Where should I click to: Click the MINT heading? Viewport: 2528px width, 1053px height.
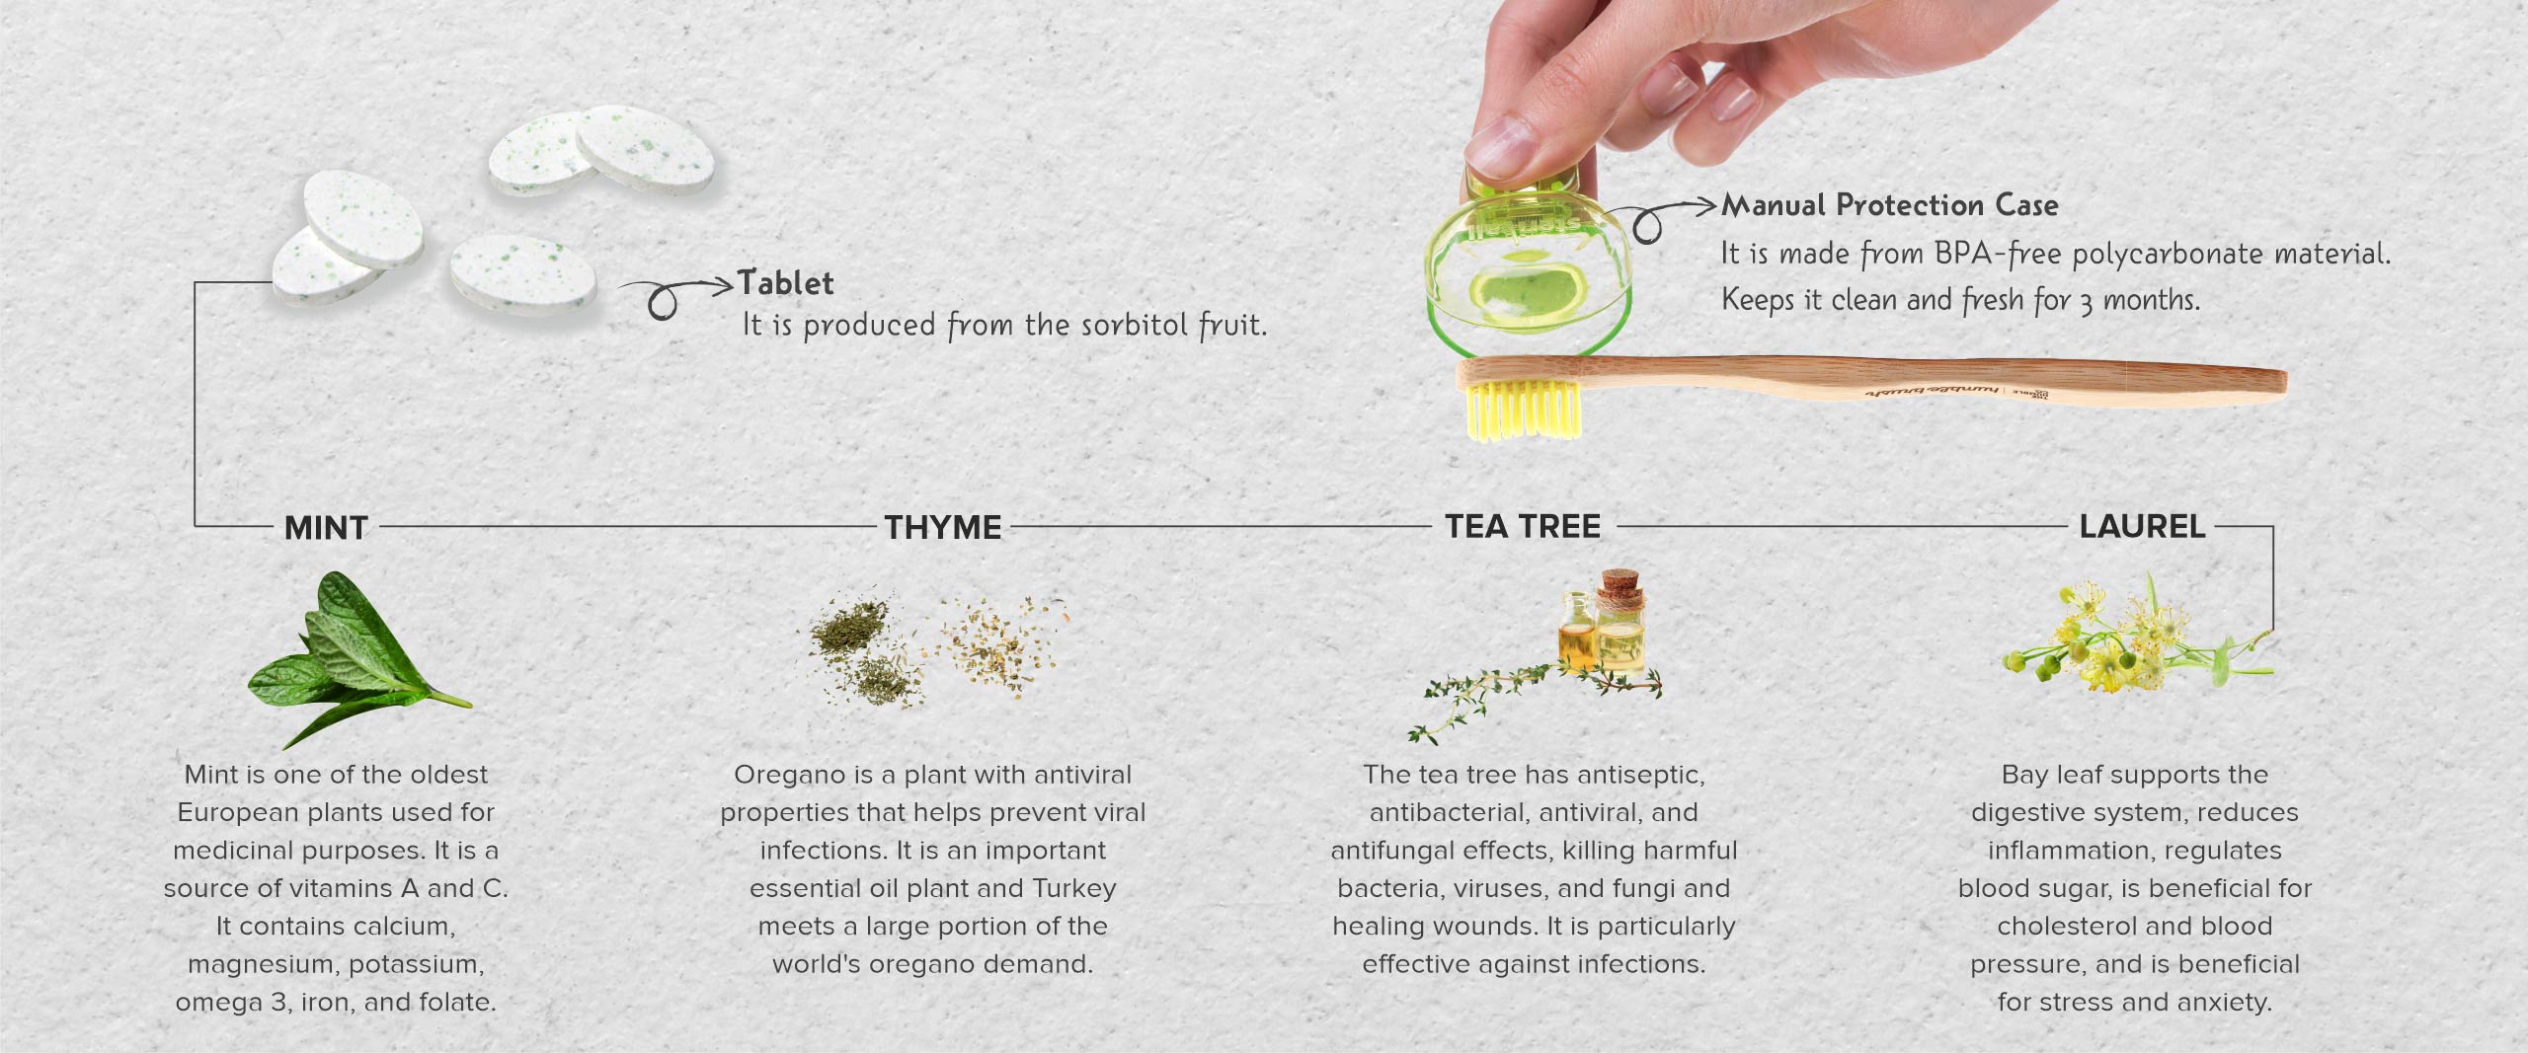[x=326, y=528]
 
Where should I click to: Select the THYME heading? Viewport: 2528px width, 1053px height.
[x=943, y=528]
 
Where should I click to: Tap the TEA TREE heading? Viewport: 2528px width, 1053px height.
[x=1523, y=527]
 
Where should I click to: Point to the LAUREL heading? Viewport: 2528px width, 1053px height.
[x=2142, y=527]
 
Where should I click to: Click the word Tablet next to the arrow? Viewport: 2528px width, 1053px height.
[x=786, y=283]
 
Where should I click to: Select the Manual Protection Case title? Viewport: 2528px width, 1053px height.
[x=1890, y=205]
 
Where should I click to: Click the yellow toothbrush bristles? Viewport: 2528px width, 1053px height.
[x=1521, y=411]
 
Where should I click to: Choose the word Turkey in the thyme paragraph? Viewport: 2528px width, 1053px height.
[x=1074, y=888]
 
